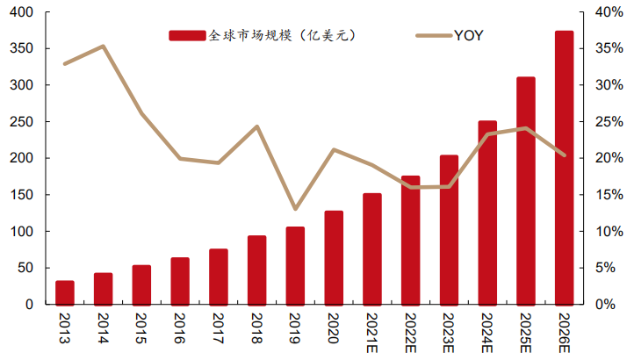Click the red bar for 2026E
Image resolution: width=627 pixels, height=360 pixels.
click(564, 168)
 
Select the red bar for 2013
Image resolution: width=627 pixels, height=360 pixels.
click(65, 292)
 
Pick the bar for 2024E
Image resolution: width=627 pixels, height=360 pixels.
click(487, 212)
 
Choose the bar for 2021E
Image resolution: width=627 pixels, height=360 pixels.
click(372, 248)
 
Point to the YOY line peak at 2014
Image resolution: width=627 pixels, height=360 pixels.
click(103, 46)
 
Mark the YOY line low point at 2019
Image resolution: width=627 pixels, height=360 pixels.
click(295, 209)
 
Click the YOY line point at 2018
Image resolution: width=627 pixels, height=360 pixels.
click(256, 126)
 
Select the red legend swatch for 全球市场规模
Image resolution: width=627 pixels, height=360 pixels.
click(187, 35)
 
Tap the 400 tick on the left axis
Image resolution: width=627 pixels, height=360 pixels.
click(24, 12)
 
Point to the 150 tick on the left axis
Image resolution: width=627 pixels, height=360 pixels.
click(24, 195)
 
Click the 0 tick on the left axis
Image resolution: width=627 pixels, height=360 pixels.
click(30, 305)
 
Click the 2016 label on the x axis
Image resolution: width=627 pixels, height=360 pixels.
click(180, 329)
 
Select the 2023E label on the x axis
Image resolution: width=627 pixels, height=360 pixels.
click(449, 333)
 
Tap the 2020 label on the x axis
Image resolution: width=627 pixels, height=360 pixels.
click(334, 329)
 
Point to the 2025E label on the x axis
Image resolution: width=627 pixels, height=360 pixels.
click(525, 333)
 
